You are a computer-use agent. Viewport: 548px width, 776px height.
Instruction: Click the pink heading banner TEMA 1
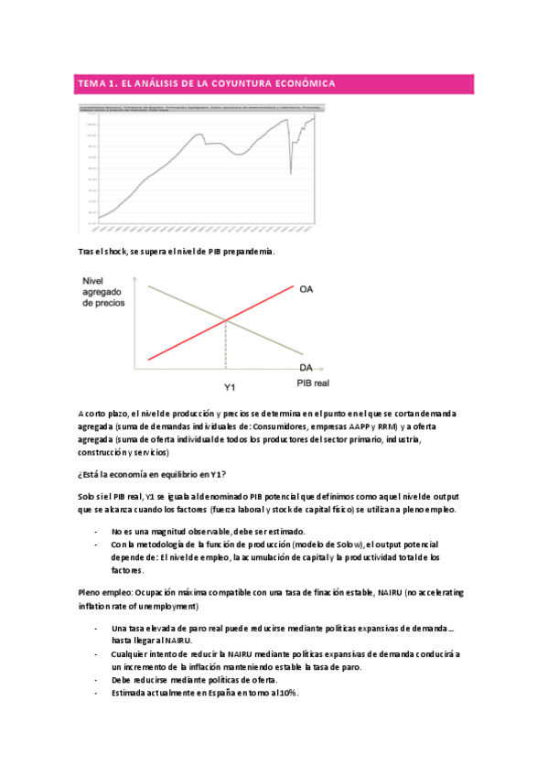pyautogui.click(x=274, y=84)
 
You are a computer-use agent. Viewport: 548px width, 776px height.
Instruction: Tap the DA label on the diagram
pyautogui.click(x=307, y=367)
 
